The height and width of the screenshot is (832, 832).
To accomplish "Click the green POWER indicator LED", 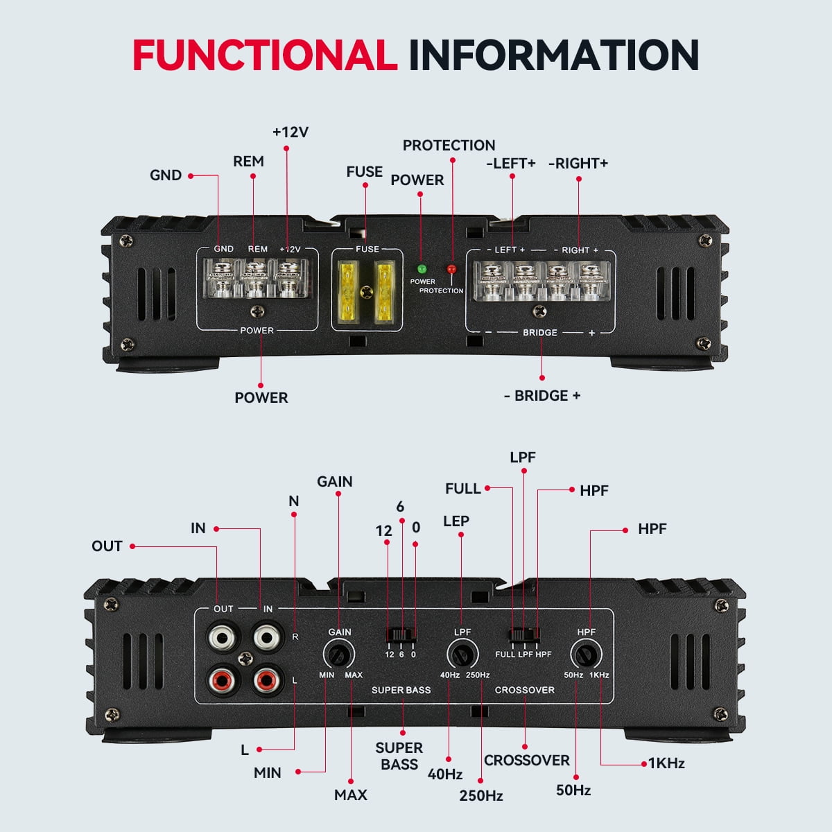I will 422,268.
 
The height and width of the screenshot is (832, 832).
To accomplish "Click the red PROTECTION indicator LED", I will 451,269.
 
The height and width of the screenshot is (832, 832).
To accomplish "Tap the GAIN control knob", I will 339,655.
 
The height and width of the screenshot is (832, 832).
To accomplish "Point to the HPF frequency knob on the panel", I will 586,655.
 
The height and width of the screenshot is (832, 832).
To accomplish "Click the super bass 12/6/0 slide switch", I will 401,634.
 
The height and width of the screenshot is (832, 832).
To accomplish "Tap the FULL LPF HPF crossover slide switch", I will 524,634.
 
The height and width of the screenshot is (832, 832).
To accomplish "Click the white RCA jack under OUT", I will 223,636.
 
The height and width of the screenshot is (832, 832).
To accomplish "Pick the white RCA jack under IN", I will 268,636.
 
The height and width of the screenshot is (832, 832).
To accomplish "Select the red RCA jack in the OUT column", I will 223,681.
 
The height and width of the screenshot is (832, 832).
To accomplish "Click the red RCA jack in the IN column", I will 268,681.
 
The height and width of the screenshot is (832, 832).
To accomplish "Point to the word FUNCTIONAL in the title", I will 264,55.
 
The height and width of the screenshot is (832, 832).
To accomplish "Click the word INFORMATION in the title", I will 553,55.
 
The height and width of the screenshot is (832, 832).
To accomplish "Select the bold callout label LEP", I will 456,521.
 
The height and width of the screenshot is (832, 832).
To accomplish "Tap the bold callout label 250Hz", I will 480,795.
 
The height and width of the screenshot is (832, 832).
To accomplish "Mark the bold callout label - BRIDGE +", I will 542,396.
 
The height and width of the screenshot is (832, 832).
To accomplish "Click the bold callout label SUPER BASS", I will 399,756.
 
